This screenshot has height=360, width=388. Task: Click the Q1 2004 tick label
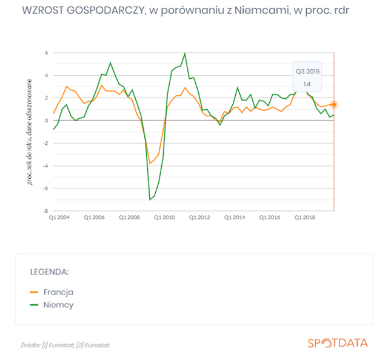[59, 218]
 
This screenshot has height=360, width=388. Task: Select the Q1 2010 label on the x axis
[164, 218]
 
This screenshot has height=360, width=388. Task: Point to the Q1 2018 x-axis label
[305, 218]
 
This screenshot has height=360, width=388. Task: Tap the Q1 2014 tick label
[235, 218]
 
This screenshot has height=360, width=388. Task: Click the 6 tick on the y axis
[47, 53]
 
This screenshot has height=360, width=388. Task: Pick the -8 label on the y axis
[45, 211]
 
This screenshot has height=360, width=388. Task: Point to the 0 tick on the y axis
[47, 121]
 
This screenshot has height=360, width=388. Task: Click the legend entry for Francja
[52, 292]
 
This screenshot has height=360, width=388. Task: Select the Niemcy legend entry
[52, 305]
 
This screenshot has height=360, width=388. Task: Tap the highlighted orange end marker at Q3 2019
[334, 105]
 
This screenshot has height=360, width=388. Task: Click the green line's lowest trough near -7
[150, 199]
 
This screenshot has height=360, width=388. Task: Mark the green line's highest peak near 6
[185, 53]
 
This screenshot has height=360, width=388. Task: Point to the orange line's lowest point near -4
[150, 163]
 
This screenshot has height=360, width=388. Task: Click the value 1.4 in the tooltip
[307, 84]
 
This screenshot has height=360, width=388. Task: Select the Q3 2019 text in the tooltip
[307, 72]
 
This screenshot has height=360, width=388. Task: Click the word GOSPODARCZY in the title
[105, 10]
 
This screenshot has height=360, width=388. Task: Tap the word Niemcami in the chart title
[263, 10]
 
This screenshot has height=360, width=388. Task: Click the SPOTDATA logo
[338, 343]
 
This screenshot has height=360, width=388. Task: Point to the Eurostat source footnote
[65, 345]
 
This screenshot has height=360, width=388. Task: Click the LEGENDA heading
[49, 272]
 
